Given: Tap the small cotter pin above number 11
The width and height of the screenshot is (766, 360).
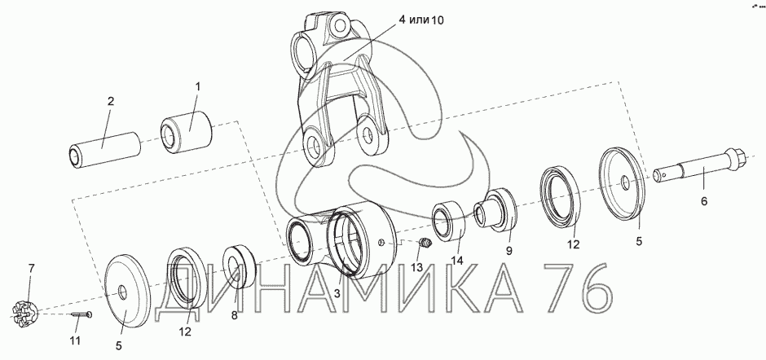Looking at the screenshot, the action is tap(81, 315).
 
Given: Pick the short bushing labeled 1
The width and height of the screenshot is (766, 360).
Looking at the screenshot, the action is tap(186, 130).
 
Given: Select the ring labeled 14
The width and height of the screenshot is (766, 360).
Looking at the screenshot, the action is tap(448, 221).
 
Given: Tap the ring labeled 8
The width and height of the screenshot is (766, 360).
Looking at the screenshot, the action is tap(240, 266).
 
